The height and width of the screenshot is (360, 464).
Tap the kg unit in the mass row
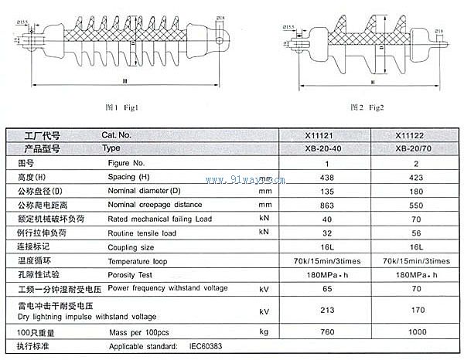click(x=264, y=331)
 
